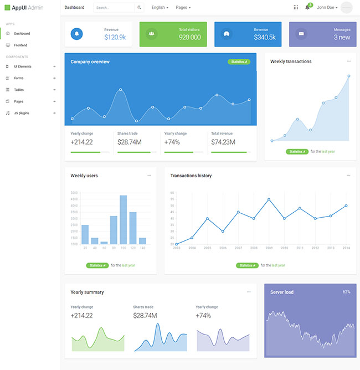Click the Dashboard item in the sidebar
click(x=22, y=34)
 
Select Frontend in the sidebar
click(x=20, y=45)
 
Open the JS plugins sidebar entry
click(x=22, y=113)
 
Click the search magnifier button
click(x=139, y=8)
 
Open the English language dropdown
click(x=160, y=8)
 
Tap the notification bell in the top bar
click(x=307, y=7)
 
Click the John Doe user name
click(x=327, y=8)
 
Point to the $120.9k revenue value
click(x=115, y=38)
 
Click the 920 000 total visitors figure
click(x=189, y=38)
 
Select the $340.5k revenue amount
click(x=264, y=38)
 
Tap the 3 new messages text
click(x=342, y=38)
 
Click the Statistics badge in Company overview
click(x=239, y=62)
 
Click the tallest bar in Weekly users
click(x=123, y=219)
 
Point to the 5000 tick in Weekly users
click(x=74, y=193)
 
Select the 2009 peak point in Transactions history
click(x=269, y=199)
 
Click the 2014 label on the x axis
click(x=346, y=248)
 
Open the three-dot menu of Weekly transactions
click(x=348, y=61)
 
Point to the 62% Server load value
click(x=347, y=292)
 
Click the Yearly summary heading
click(x=87, y=292)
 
